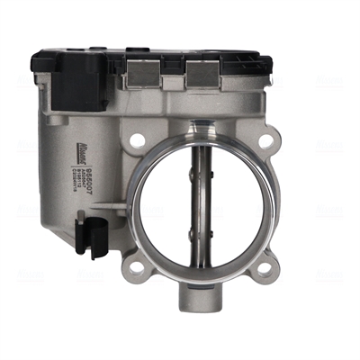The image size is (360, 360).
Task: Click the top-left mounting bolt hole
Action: [138, 139]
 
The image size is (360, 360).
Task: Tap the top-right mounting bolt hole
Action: [266, 141]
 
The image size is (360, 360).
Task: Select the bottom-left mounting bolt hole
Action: [136, 267]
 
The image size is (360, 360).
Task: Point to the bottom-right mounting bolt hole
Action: [267, 267]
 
